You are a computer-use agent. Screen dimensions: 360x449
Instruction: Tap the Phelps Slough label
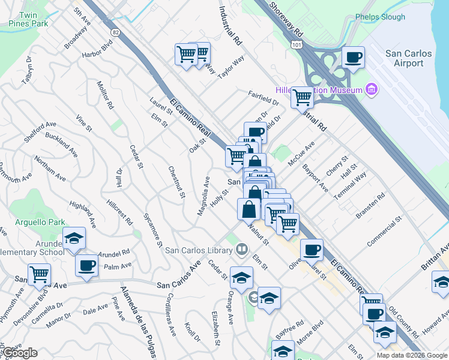(x=380, y=17)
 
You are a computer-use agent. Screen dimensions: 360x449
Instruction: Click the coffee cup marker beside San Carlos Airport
(x=353, y=58)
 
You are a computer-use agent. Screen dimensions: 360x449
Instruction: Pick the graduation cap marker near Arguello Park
(x=74, y=238)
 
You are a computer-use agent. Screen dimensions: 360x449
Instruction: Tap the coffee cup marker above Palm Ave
(x=86, y=265)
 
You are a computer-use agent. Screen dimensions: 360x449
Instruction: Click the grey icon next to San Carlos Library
(x=242, y=248)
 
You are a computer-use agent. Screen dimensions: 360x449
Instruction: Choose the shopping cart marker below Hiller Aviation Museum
(x=302, y=97)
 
